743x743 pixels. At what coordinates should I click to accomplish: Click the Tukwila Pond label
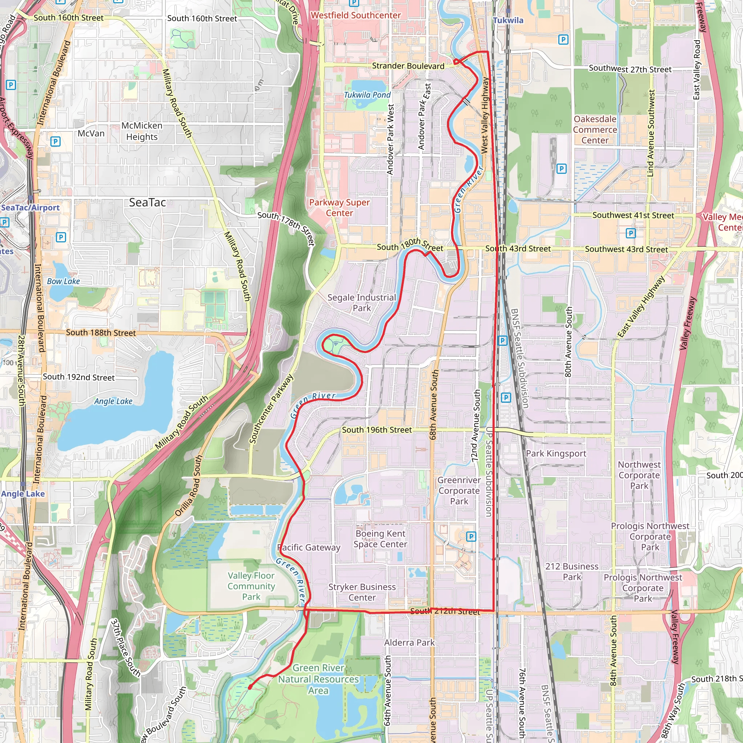(367, 95)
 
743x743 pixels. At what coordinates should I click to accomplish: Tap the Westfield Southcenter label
(356, 15)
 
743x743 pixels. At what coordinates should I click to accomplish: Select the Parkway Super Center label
(339, 208)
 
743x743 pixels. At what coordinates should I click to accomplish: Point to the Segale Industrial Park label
(361, 303)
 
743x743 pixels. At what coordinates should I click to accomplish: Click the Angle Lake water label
(114, 402)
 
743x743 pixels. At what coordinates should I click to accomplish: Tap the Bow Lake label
(63, 282)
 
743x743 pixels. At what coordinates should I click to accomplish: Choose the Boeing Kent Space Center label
(380, 539)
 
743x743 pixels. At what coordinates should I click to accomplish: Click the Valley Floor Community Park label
(251, 586)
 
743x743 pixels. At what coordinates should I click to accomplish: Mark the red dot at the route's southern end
(250, 687)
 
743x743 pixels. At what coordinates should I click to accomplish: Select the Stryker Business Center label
(362, 592)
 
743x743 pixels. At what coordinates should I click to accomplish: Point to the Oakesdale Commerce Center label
(595, 130)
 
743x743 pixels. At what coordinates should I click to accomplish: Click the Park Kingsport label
(556, 454)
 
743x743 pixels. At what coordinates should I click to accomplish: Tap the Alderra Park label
(409, 643)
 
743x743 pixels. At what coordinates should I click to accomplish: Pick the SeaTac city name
(147, 203)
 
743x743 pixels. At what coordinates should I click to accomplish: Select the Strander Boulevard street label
(408, 66)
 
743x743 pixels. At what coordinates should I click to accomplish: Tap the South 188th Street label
(101, 333)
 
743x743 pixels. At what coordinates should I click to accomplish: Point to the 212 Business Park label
(572, 571)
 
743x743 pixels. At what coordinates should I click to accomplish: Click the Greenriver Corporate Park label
(459, 491)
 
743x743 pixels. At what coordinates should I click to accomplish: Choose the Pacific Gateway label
(309, 547)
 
